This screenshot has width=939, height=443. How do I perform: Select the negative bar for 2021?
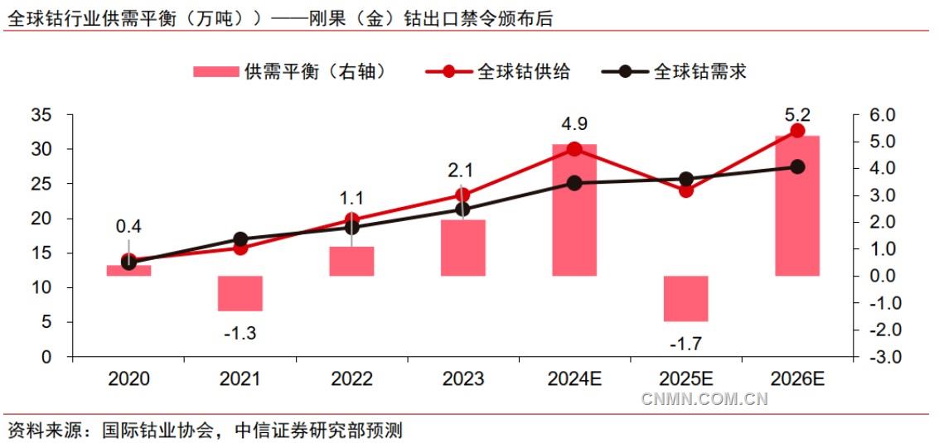coord(240,293)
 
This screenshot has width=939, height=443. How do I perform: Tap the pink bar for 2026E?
coord(797,205)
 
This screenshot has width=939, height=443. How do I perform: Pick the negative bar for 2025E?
coord(686,298)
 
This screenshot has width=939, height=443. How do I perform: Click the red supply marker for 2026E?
coord(797,131)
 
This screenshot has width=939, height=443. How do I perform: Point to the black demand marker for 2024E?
coord(574,183)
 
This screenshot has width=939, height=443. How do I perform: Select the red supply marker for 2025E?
coord(686,190)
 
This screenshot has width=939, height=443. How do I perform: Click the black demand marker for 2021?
coord(240,239)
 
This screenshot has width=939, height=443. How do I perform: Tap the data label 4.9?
coord(574,124)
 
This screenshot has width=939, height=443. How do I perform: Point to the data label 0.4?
coord(128,226)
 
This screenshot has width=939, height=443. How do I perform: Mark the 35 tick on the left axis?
coord(41,115)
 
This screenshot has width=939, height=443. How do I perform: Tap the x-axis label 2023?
coord(462,379)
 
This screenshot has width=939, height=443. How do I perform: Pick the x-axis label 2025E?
coord(686,379)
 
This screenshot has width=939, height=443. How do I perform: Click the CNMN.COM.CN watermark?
coord(704,399)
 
